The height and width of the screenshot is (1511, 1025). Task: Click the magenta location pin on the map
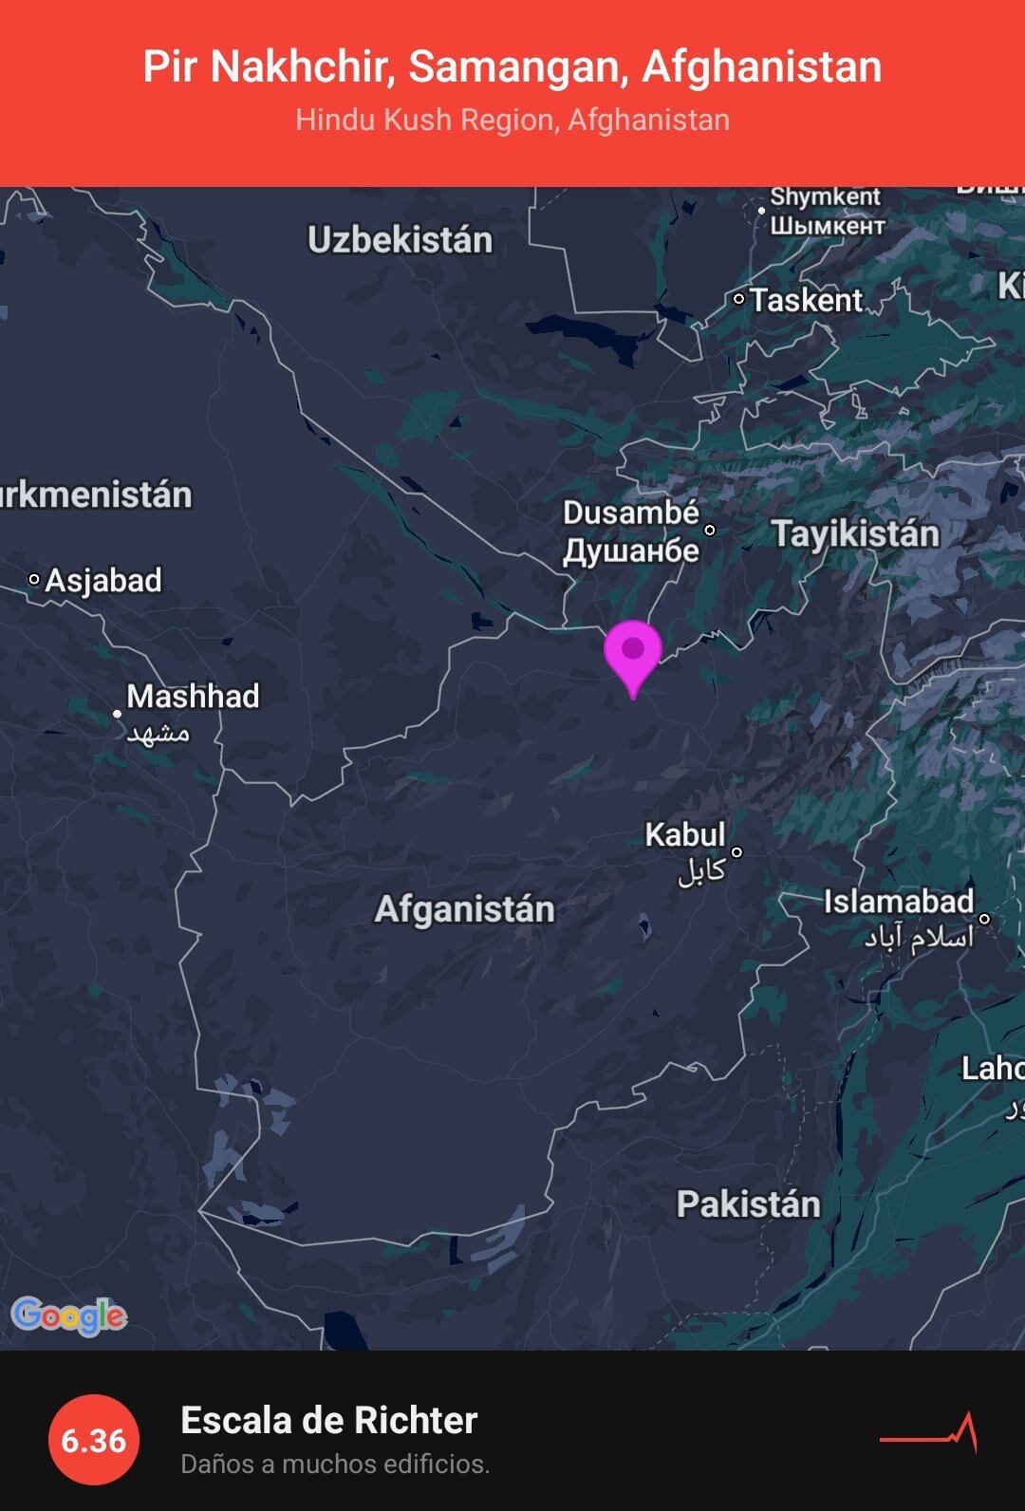coord(633,652)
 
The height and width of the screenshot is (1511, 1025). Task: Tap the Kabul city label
coord(685,835)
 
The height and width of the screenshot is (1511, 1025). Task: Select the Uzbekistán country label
coord(400,240)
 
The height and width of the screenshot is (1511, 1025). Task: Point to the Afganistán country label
coord(464,909)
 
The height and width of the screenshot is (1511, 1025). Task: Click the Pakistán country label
coord(748,1204)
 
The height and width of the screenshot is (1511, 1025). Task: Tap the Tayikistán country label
coord(854,533)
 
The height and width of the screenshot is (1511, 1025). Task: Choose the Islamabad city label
coord(898,902)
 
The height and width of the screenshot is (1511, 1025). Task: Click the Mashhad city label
coord(193,697)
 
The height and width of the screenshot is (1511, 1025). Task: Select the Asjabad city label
coord(103,580)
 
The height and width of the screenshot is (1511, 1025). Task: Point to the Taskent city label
coord(806,301)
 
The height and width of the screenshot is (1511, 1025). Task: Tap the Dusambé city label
coord(630,513)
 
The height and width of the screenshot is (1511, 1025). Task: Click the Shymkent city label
coord(825,197)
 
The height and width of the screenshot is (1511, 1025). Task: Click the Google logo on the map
coord(68,1315)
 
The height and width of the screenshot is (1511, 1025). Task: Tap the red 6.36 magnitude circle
coord(93,1440)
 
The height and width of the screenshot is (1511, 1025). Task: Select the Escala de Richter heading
coord(328,1421)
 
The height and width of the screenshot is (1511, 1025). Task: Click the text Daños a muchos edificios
coord(335,1464)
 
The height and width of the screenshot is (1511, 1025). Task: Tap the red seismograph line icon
coord(929,1434)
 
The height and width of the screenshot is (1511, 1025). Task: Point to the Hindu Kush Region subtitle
coord(512,121)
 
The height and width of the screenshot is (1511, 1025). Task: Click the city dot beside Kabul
coord(736,852)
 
